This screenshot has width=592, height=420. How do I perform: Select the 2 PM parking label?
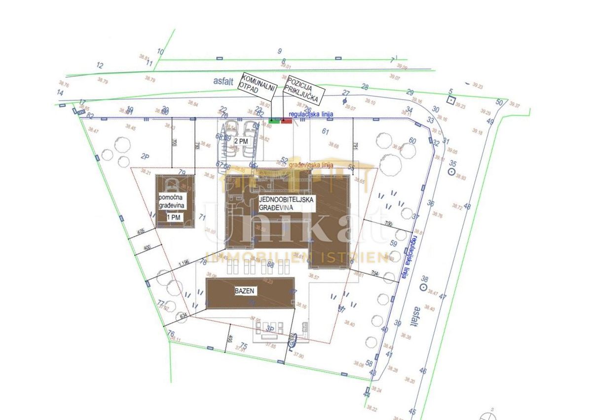241,141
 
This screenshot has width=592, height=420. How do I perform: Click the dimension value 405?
141,231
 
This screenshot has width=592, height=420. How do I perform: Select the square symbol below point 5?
450,100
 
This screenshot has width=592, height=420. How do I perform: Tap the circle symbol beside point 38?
423,287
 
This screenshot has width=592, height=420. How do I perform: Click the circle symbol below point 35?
450,171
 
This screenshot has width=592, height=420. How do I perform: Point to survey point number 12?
100,65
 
